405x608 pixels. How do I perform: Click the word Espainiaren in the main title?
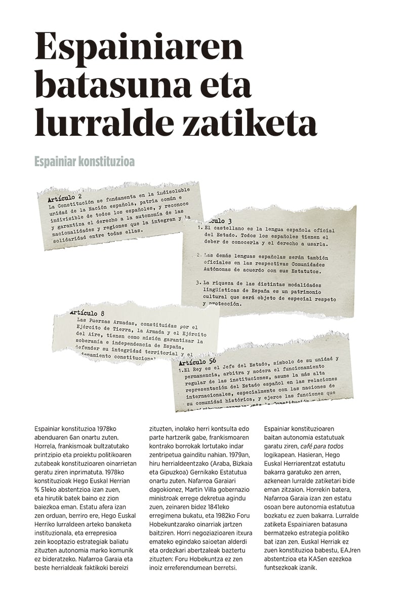(x=139, y=48)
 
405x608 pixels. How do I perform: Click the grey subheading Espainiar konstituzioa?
(x=84, y=162)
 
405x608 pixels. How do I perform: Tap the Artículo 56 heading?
(x=197, y=361)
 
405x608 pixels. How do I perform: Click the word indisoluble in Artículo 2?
(x=172, y=192)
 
